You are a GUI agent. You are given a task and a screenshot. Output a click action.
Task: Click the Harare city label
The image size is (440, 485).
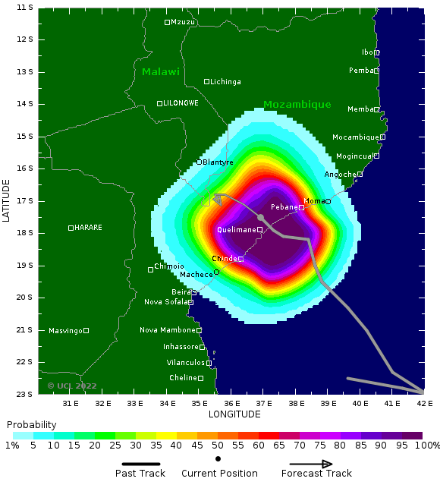click(88, 228)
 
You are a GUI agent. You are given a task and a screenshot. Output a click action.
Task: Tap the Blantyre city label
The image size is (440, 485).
click(218, 162)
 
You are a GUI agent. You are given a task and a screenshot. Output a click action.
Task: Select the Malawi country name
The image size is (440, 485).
click(161, 72)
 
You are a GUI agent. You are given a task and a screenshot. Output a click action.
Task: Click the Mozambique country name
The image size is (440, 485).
click(297, 105)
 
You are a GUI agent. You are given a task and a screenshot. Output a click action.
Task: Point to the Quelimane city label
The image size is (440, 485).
click(237, 229)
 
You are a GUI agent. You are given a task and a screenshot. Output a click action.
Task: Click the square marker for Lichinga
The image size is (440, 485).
click(206, 81)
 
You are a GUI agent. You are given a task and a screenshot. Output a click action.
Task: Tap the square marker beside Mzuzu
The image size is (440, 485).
click(168, 22)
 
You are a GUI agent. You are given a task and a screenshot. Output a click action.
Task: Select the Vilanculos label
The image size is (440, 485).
click(186, 363)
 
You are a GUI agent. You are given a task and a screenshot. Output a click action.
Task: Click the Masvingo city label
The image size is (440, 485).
click(65, 330)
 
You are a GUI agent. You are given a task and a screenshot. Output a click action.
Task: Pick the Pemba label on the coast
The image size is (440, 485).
click(361, 71)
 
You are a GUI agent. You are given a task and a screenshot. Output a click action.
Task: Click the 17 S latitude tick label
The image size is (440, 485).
click(25, 201)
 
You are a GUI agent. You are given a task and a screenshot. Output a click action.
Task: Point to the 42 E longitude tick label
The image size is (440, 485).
click(425, 403)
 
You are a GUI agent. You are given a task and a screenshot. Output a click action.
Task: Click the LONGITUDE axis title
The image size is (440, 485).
click(234, 414)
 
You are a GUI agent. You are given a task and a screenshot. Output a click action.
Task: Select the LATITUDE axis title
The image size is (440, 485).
click(7, 200)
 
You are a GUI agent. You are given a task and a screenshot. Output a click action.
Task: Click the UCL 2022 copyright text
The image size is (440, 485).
click(72, 386)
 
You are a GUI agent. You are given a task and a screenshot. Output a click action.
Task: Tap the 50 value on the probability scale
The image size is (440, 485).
click(218, 445)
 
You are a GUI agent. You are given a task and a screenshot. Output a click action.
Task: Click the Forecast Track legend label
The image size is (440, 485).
click(316, 474)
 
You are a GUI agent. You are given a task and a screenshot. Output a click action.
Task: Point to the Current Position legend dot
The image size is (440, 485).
click(218, 458)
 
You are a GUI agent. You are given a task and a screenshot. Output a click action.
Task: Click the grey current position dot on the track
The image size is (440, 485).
click(260, 217)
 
